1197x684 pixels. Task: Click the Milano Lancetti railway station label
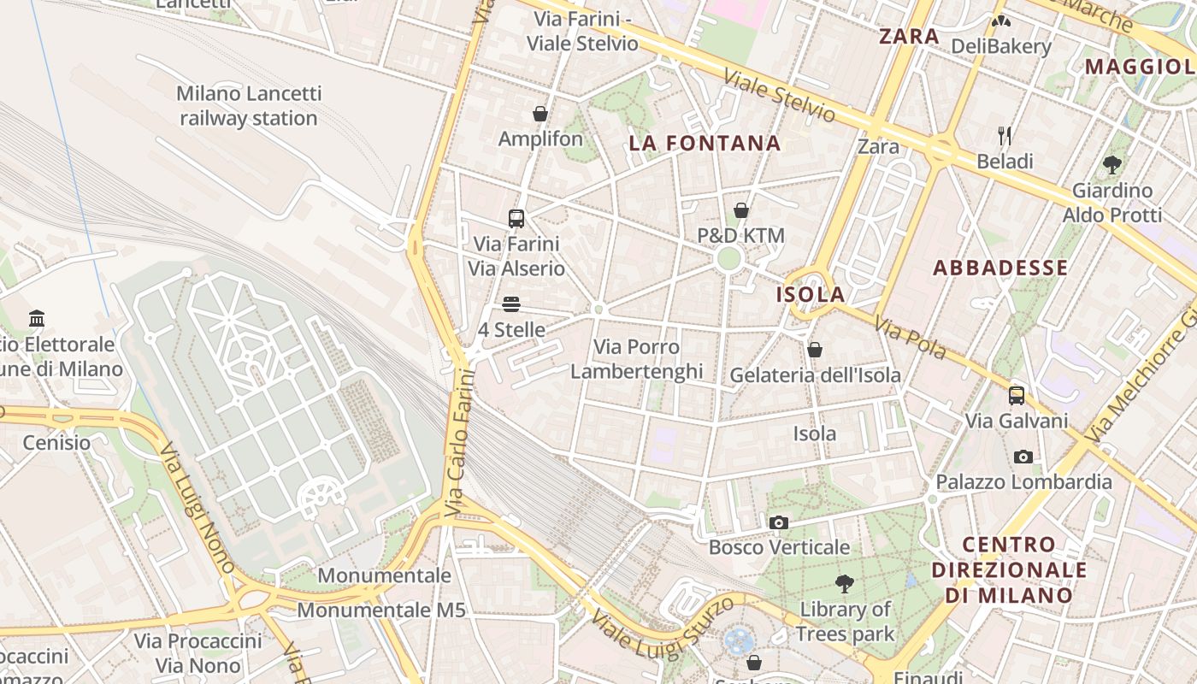[248, 106]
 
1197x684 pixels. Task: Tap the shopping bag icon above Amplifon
[540, 113]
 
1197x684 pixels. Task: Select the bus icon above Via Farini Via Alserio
[516, 218]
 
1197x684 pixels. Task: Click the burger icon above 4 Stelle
[511, 304]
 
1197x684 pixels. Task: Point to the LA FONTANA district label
[705, 144]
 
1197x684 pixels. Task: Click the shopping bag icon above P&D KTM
[741, 210]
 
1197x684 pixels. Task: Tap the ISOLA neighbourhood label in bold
[810, 295]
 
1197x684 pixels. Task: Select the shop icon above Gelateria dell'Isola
[815, 350]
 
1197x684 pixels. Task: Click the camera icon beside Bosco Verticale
[778, 522]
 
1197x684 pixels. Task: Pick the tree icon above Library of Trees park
[845, 584]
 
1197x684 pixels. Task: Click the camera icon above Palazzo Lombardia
[1023, 457]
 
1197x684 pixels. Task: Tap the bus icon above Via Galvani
[1016, 395]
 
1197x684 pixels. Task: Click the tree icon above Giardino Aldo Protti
[1111, 164]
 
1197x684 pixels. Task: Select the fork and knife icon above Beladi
[1005, 135]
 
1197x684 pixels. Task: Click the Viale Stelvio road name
[779, 95]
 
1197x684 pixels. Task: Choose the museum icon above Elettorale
[37, 319]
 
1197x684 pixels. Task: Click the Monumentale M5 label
[381, 610]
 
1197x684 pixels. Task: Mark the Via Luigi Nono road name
[197, 508]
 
